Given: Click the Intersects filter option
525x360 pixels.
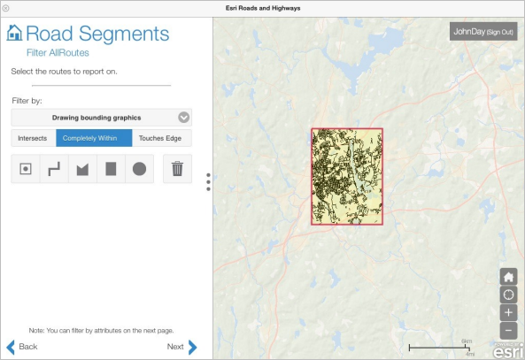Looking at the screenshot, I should coord(33,138).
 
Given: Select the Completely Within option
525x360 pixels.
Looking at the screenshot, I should coord(94,138).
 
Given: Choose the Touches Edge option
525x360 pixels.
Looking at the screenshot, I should coord(162,138).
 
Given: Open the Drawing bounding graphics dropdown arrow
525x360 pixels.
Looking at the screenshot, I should coord(183,117).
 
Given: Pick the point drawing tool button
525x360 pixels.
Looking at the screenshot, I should coord(26,169).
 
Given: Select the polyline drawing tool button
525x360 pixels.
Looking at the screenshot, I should coord(54,169).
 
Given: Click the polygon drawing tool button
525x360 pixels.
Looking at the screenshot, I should coord(82,169).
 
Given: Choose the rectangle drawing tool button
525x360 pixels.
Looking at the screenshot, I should coord(111,169).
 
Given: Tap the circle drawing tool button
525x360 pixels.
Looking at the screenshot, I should coord(139,169).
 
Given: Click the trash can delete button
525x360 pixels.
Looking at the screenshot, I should coord(177,168).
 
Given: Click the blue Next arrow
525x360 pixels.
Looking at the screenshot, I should coord(192,347).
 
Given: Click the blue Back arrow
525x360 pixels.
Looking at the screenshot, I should coord(12,347).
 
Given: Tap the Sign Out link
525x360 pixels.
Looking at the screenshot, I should coord(495,32).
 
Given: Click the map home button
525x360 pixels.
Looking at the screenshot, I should coord(508,275).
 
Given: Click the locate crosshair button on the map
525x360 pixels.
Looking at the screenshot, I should coord(508,294).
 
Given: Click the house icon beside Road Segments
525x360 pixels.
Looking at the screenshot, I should coord(15,34).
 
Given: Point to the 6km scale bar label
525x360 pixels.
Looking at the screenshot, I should coord(467,341).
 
